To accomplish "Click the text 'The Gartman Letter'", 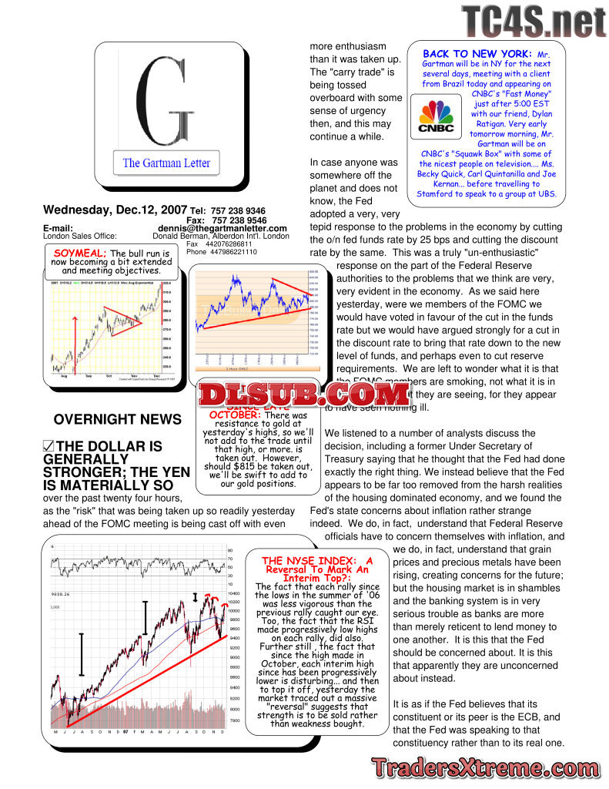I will [x=166, y=163].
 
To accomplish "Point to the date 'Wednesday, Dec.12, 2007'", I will [x=115, y=210].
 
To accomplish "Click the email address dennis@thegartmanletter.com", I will [x=223, y=229].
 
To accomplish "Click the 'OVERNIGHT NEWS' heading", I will [x=118, y=420].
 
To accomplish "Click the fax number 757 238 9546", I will [x=239, y=220].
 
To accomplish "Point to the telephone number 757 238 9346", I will [x=239, y=210].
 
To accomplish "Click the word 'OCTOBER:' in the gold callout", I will [x=235, y=415].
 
